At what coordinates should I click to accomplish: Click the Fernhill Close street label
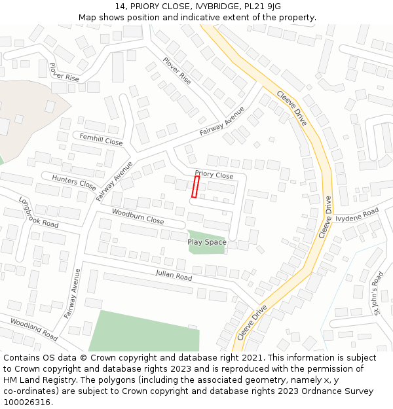pyautogui.click(x=101, y=139)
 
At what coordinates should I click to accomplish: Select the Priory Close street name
pyautogui.click(x=214, y=175)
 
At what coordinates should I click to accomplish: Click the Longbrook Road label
pyautogui.click(x=39, y=213)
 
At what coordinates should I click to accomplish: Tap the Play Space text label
pyautogui.click(x=207, y=242)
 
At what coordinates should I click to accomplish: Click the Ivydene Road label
pyautogui.click(x=357, y=215)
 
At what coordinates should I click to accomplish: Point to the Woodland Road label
pyautogui.click(x=33, y=329)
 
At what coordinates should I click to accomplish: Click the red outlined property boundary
pyautogui.click(x=195, y=187)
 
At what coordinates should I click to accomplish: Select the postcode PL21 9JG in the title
pyautogui.click(x=264, y=7)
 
